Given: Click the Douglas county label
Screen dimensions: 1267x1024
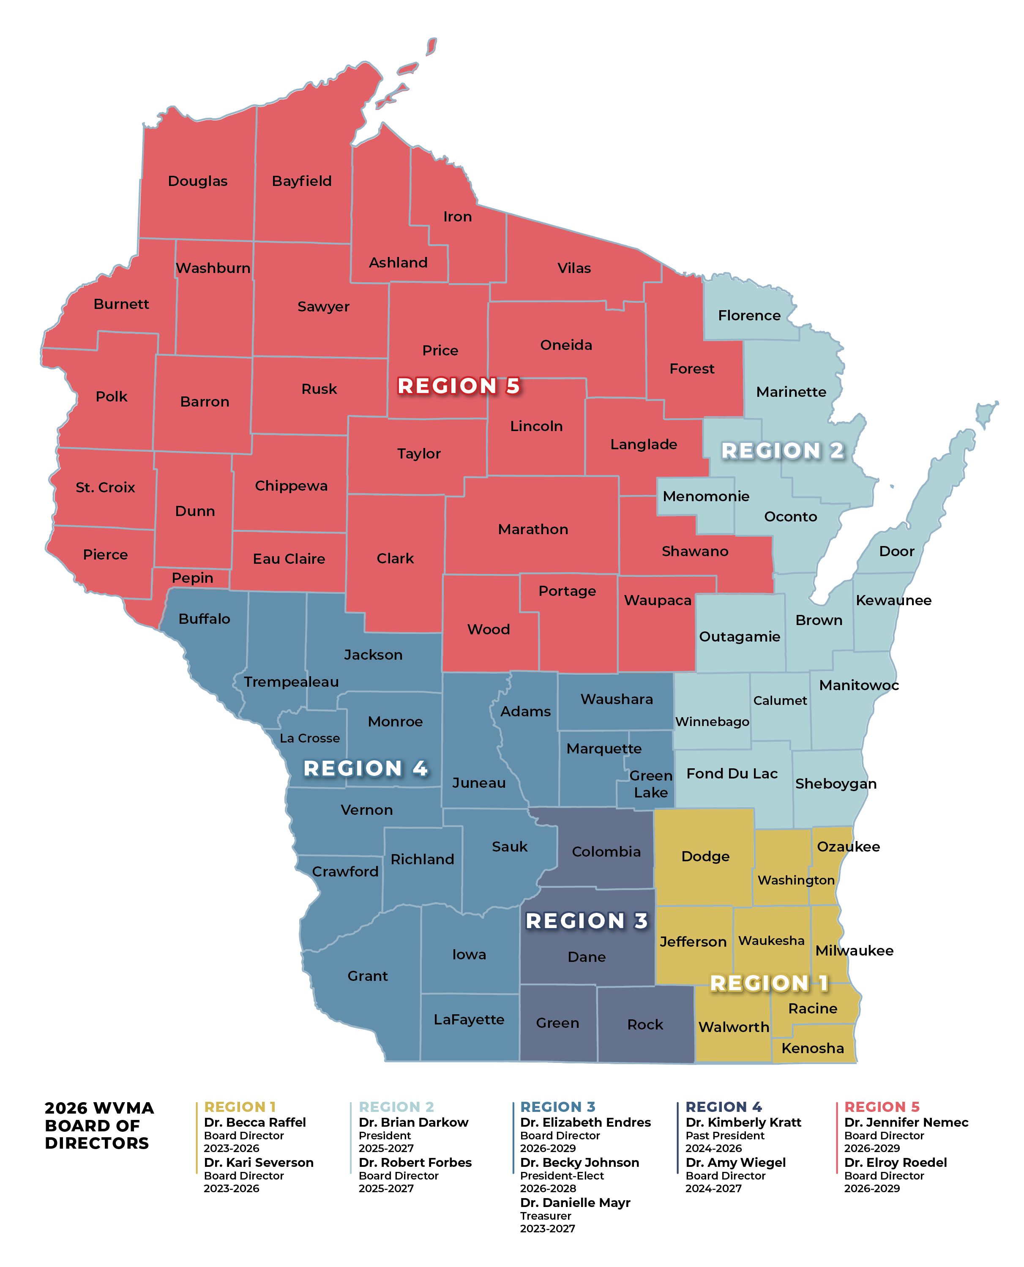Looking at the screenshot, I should point(198,181).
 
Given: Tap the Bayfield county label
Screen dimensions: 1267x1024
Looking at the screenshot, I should point(301,181).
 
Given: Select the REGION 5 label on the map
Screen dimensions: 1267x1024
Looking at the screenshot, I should point(458,386).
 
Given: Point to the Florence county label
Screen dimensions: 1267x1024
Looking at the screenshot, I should point(748,316).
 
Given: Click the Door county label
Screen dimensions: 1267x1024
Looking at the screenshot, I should point(896,552).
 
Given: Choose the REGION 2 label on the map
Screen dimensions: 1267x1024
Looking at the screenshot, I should point(782,451).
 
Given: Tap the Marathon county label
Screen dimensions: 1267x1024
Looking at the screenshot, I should point(532,530).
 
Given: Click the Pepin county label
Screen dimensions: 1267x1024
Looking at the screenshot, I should point(192,578).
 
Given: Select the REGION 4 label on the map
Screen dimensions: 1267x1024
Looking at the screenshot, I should point(365,769).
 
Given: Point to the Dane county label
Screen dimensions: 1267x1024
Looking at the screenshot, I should point(586,957).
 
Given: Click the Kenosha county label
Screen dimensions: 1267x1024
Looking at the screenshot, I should point(812,1048).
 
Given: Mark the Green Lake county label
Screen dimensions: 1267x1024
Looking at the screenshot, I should point(650,784).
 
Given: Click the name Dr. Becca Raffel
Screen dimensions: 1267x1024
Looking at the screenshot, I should point(255,1122).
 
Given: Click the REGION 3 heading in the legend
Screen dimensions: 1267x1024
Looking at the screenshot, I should point(557,1107).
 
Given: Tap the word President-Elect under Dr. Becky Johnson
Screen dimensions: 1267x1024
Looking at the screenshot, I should point(562,1176).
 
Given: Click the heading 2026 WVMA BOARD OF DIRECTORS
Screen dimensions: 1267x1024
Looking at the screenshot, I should point(98,1125).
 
